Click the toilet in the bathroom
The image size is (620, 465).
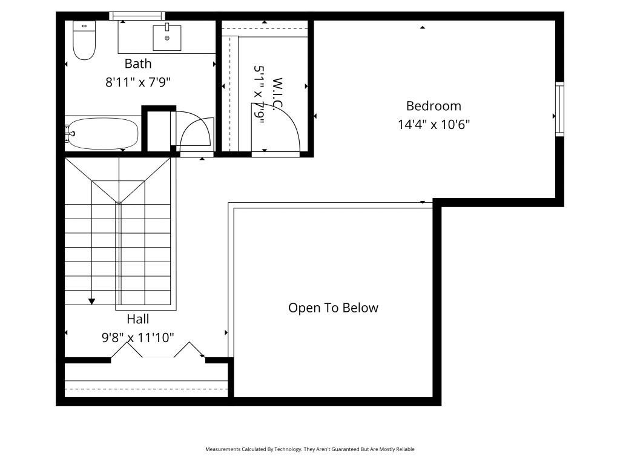[x=84, y=41]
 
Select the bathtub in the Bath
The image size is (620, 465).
[x=103, y=133]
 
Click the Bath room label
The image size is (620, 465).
[x=138, y=64]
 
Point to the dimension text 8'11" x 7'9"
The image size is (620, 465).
[x=138, y=82]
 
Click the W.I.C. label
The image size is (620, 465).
[x=277, y=94]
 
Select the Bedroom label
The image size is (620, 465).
[x=434, y=106]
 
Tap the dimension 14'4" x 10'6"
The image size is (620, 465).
[x=434, y=125]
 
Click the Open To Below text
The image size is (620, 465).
[x=333, y=308]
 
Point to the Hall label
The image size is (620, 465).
[x=138, y=319]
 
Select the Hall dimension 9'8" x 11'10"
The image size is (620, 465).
[x=138, y=337]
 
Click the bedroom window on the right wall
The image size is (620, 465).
[x=559, y=109]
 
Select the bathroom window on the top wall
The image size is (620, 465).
[x=137, y=16]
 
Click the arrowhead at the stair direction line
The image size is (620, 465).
[x=91, y=300]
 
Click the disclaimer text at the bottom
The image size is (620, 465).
[x=310, y=449]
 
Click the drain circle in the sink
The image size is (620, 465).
[x=167, y=38]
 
